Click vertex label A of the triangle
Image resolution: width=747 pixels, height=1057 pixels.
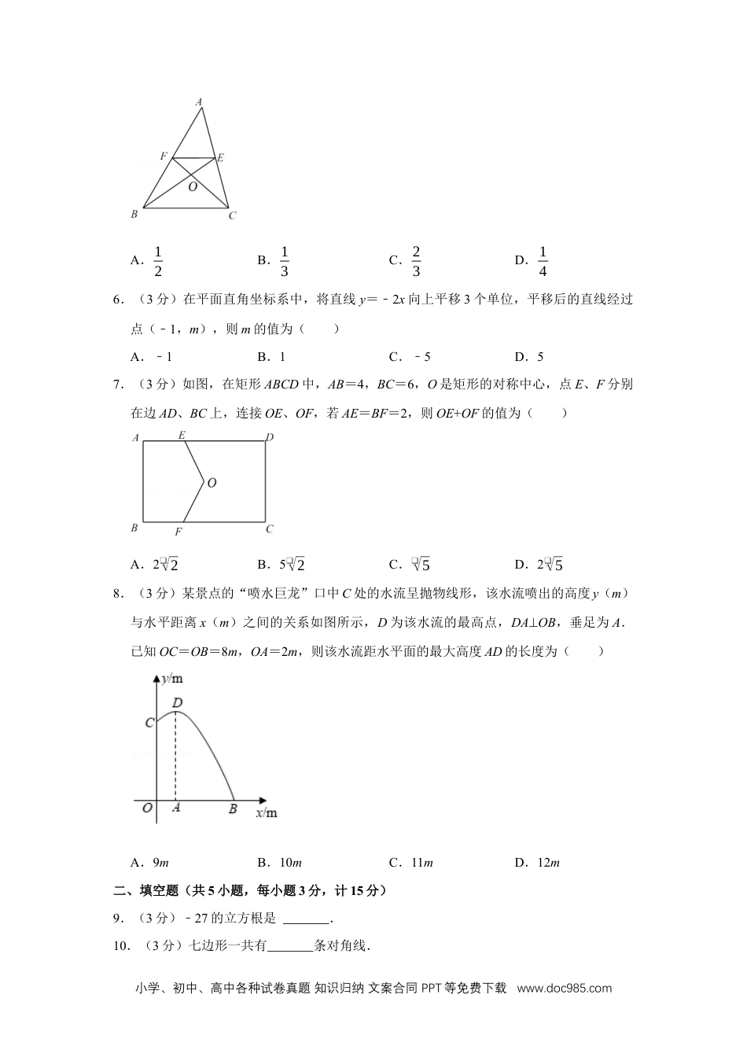click(199, 101)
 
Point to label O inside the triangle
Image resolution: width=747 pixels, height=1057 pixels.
click(193, 187)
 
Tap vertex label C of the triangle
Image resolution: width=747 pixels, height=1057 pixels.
click(232, 215)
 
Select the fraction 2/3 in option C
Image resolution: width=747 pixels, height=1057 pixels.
click(416, 261)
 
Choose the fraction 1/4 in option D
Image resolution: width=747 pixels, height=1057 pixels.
click(543, 261)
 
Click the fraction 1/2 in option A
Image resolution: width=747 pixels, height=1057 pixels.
click(158, 261)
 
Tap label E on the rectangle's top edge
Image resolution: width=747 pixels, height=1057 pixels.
click(182, 435)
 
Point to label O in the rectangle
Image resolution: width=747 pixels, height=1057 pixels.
click(212, 483)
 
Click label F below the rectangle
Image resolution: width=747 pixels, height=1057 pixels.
click(178, 532)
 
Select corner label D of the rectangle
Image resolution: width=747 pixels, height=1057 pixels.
click(270, 437)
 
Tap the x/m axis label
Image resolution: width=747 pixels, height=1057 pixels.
click(267, 812)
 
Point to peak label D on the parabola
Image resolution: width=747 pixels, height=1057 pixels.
click(177, 702)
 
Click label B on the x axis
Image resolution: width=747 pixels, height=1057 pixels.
click(233, 808)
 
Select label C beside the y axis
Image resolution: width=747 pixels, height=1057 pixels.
click(149, 722)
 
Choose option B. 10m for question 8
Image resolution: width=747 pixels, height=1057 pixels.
click(280, 863)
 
